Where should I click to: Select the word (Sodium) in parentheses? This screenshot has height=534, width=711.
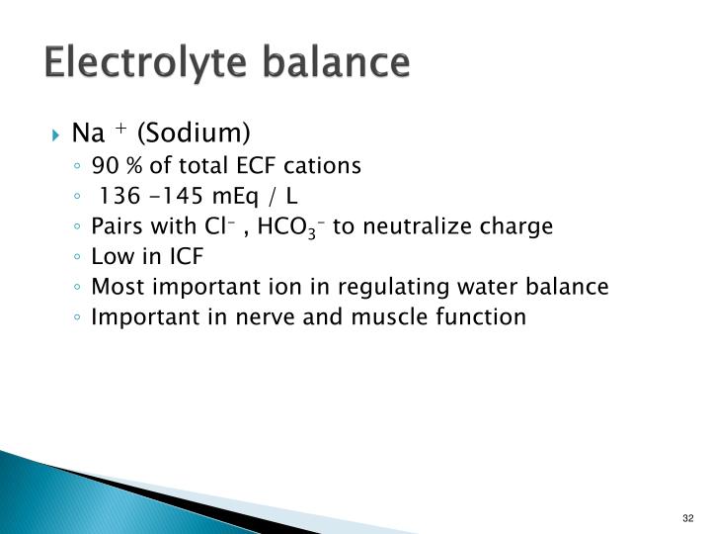(195, 133)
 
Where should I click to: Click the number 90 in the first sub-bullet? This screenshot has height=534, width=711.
(104, 165)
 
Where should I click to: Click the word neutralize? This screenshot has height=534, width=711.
(413, 226)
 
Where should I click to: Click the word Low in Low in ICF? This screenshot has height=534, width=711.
(109, 257)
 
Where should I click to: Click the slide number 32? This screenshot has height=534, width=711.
(688, 518)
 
